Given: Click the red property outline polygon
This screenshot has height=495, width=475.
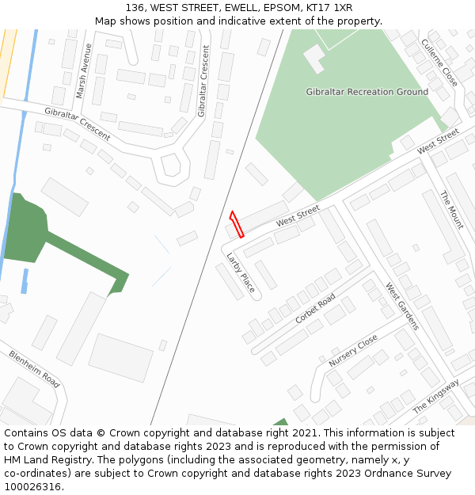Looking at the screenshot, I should [x=236, y=223].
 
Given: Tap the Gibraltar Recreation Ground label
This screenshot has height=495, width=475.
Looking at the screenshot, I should [x=367, y=92].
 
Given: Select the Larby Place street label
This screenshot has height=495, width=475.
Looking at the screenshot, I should [x=241, y=272].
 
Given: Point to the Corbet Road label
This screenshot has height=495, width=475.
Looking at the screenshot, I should [x=315, y=308].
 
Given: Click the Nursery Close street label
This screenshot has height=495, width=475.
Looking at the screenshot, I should [x=353, y=351].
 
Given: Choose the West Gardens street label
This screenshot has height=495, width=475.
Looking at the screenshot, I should [x=402, y=307].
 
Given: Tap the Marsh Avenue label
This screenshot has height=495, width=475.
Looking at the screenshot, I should [x=83, y=70].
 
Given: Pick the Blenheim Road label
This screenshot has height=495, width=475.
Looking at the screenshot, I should [x=34, y=368].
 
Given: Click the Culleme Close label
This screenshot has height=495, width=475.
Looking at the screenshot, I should [x=439, y=63].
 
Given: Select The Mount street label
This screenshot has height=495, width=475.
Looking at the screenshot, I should [x=451, y=210].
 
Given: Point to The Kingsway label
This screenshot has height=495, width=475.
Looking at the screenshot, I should [x=436, y=396].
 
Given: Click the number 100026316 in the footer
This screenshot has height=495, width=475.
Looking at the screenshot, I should [x=32, y=487].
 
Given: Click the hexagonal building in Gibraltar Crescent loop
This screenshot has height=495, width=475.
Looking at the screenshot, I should [x=171, y=166].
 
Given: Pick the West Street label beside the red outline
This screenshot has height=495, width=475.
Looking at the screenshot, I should [x=298, y=216].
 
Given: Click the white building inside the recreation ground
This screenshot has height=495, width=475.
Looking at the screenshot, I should [x=314, y=57].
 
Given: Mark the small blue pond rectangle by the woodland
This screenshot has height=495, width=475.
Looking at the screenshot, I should [x=25, y=281].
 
